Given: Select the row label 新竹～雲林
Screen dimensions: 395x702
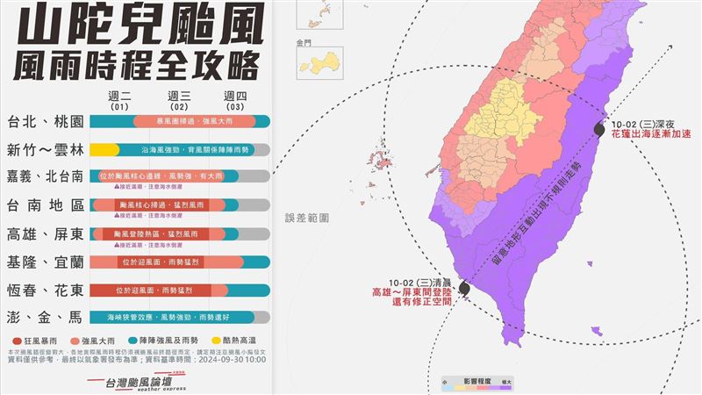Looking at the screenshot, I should point(45,149).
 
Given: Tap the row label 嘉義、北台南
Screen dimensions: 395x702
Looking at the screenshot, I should point(45,176).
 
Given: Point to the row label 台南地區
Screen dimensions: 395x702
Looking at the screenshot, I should point(45,205).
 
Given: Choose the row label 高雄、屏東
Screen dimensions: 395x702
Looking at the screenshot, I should point(45,234).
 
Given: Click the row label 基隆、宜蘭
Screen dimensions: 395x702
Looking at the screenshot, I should point(45,262).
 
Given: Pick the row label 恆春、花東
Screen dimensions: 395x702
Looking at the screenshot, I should point(45,291).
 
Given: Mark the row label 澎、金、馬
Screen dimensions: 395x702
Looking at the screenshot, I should point(45,318).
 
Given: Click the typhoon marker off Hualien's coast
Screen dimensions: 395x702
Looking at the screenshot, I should point(599,128).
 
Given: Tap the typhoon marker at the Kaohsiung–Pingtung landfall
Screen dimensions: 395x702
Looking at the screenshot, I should point(464,287).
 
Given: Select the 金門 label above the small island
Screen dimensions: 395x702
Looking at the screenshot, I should point(304,41).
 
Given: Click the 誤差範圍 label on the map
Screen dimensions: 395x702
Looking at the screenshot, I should point(306,217).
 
